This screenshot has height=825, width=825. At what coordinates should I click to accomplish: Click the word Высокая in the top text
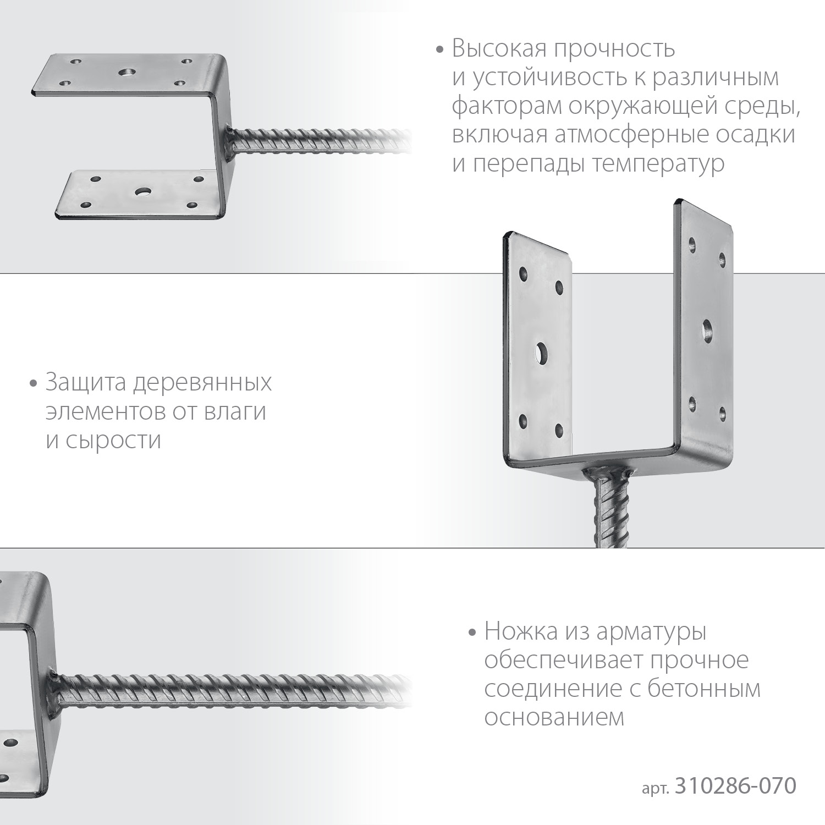click(x=499, y=49)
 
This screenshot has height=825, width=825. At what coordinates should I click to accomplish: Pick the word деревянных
click(x=202, y=382)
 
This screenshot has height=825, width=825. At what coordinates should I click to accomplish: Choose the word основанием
click(x=554, y=718)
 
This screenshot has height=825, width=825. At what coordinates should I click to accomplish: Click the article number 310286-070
click(x=735, y=786)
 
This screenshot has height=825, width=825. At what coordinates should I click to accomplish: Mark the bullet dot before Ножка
click(x=472, y=632)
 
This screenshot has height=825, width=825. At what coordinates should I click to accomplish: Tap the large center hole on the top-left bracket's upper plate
click(x=128, y=71)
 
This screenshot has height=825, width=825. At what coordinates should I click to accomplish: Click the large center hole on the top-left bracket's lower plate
click(x=144, y=192)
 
